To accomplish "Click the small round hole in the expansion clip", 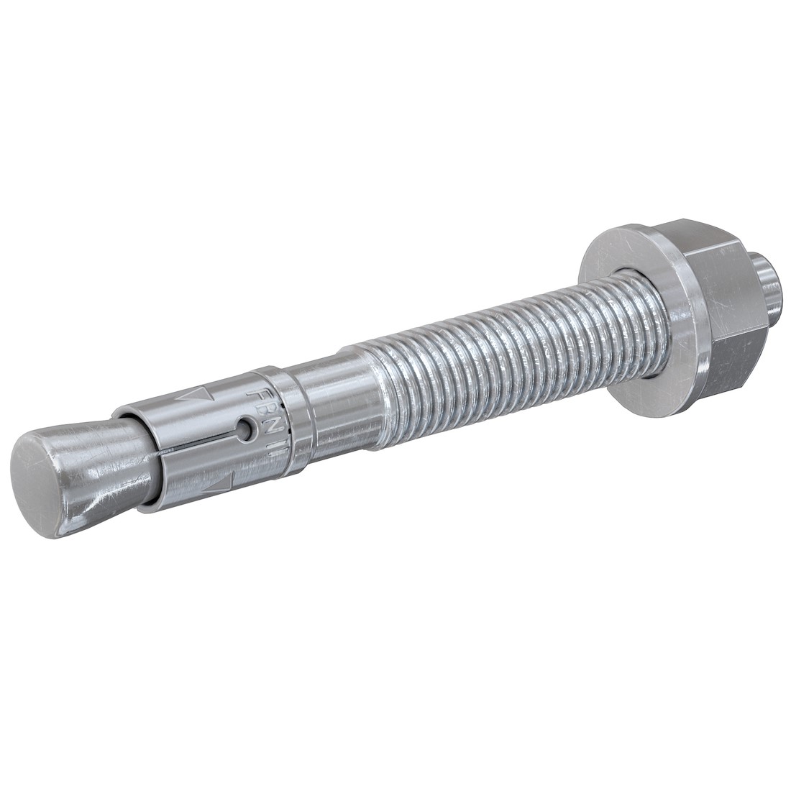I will (x=247, y=429).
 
